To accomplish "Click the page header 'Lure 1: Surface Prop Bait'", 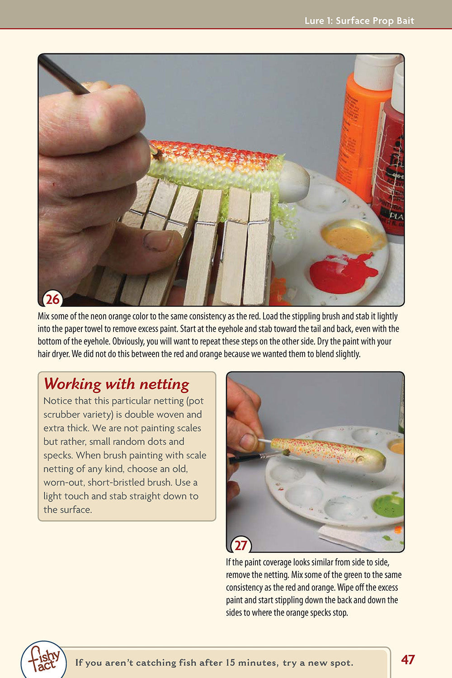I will [x=359, y=21].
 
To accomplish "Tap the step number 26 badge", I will [x=52, y=299].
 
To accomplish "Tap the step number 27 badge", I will [x=240, y=545].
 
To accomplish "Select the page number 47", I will [x=408, y=659].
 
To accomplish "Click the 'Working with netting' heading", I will [x=117, y=384].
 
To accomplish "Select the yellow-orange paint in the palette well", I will [x=351, y=237].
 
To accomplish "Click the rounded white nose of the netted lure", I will [x=294, y=181].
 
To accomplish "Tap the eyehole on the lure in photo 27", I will [x=360, y=460].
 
